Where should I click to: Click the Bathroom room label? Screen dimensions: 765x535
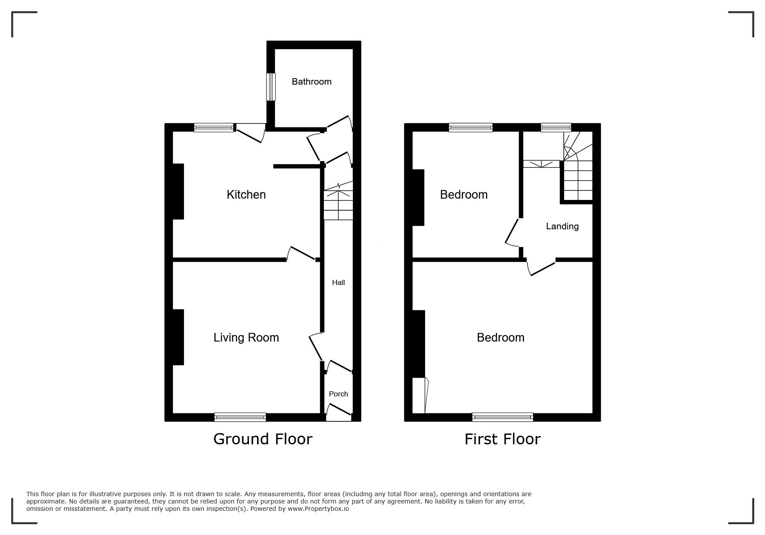click(311, 82)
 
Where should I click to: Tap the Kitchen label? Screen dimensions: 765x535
click(246, 195)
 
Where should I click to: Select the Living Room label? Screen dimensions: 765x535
click(246, 338)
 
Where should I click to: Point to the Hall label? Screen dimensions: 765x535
click(338, 282)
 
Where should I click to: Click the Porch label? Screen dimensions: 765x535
click(338, 394)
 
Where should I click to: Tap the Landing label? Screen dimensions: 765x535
click(562, 226)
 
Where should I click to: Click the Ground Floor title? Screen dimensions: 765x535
click(263, 439)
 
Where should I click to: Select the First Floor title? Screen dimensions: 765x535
click(502, 439)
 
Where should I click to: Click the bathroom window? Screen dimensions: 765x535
click(271, 87)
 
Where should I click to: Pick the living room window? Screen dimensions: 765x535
click(240, 417)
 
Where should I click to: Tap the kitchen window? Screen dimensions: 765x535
click(214, 127)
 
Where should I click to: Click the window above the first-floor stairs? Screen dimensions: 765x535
click(556, 127)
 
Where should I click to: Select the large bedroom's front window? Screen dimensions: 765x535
click(502, 417)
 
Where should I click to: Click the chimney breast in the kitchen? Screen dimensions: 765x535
click(178, 191)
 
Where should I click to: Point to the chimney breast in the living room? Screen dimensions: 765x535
click(178, 337)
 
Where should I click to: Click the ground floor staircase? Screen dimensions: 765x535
click(338, 200)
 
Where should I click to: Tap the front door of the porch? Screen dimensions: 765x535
click(339, 412)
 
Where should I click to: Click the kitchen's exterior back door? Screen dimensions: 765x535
click(250, 133)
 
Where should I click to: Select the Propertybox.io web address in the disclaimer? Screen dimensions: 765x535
click(318, 509)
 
